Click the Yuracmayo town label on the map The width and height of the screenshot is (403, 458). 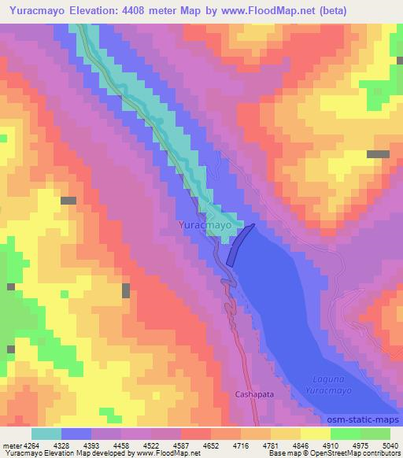point(204,224)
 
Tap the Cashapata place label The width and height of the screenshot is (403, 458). point(254,393)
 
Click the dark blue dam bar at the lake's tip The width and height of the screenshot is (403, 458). point(241,244)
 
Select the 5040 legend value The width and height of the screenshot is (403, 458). point(389,446)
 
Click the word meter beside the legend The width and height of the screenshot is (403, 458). point(11,446)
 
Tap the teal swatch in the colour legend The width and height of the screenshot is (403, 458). point(46,434)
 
